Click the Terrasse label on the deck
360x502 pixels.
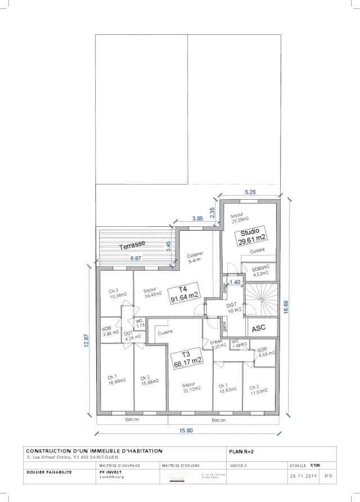pyautogui.click(x=132, y=245)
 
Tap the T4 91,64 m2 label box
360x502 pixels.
pyautogui.click(x=184, y=293)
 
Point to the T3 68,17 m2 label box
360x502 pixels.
pyautogui.click(x=187, y=357)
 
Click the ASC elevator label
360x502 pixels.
pyautogui.click(x=259, y=328)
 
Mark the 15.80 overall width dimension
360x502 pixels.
pyautogui.click(x=186, y=431)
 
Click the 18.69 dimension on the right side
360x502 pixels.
pyautogui.click(x=286, y=307)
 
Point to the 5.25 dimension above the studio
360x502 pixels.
pyautogui.click(x=250, y=193)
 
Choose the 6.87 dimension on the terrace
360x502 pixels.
pyautogui.click(x=136, y=258)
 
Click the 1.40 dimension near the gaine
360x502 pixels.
pyautogui.click(x=235, y=282)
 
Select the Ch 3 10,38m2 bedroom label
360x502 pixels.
pyautogui.click(x=118, y=293)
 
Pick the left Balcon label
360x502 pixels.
pyautogui.click(x=132, y=420)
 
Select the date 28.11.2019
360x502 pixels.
pyautogui.click(x=304, y=476)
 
